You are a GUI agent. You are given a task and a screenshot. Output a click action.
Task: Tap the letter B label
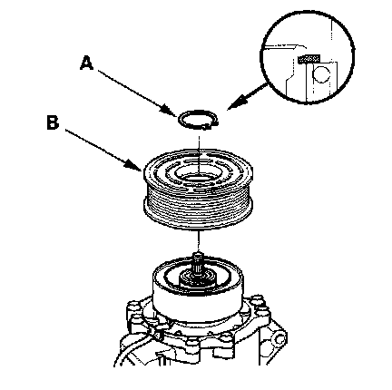click(x=53, y=122)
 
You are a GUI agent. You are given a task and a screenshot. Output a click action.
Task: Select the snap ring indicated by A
click(x=198, y=121)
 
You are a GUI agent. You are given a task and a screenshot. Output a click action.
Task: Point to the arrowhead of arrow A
click(x=171, y=112)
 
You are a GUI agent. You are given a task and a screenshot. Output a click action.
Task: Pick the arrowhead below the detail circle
click(x=239, y=102)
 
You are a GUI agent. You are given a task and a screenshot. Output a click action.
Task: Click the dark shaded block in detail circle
click(x=309, y=58)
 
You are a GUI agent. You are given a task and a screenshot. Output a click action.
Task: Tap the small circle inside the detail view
click(x=321, y=74)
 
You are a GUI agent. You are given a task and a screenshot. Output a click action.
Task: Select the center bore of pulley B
click(x=199, y=177)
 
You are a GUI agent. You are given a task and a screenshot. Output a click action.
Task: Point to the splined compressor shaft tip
click(x=198, y=261)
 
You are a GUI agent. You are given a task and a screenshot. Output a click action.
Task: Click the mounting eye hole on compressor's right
click(x=279, y=341)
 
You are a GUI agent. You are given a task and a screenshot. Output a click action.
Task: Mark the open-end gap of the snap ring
click(x=212, y=124)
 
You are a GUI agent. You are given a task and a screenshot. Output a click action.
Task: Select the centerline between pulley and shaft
click(x=198, y=241)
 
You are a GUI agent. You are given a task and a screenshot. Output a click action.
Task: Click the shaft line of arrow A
click(x=133, y=90)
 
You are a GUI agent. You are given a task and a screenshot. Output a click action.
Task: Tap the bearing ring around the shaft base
click(x=197, y=279)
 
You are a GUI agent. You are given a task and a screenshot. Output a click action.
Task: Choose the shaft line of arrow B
click(x=97, y=146)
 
